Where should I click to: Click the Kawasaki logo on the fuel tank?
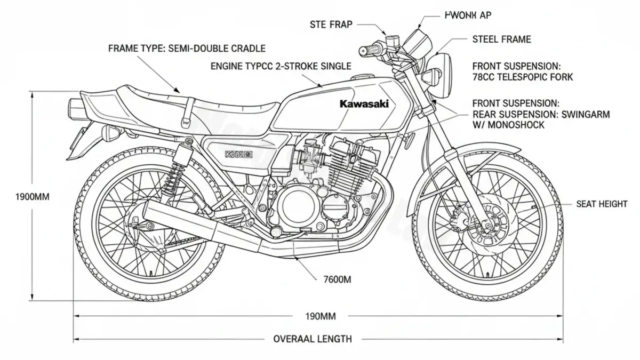click(363, 105)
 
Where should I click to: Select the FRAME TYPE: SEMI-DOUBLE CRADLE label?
click(187, 49)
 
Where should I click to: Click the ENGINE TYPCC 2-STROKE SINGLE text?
click(281, 66)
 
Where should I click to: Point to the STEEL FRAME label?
click(501, 39)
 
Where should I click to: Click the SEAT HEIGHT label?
click(602, 204)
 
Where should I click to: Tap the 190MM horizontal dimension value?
click(320, 316)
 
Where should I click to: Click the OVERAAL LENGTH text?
click(313, 339)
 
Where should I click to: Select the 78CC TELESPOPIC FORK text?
click(515, 77)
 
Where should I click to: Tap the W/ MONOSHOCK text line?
click(509, 125)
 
